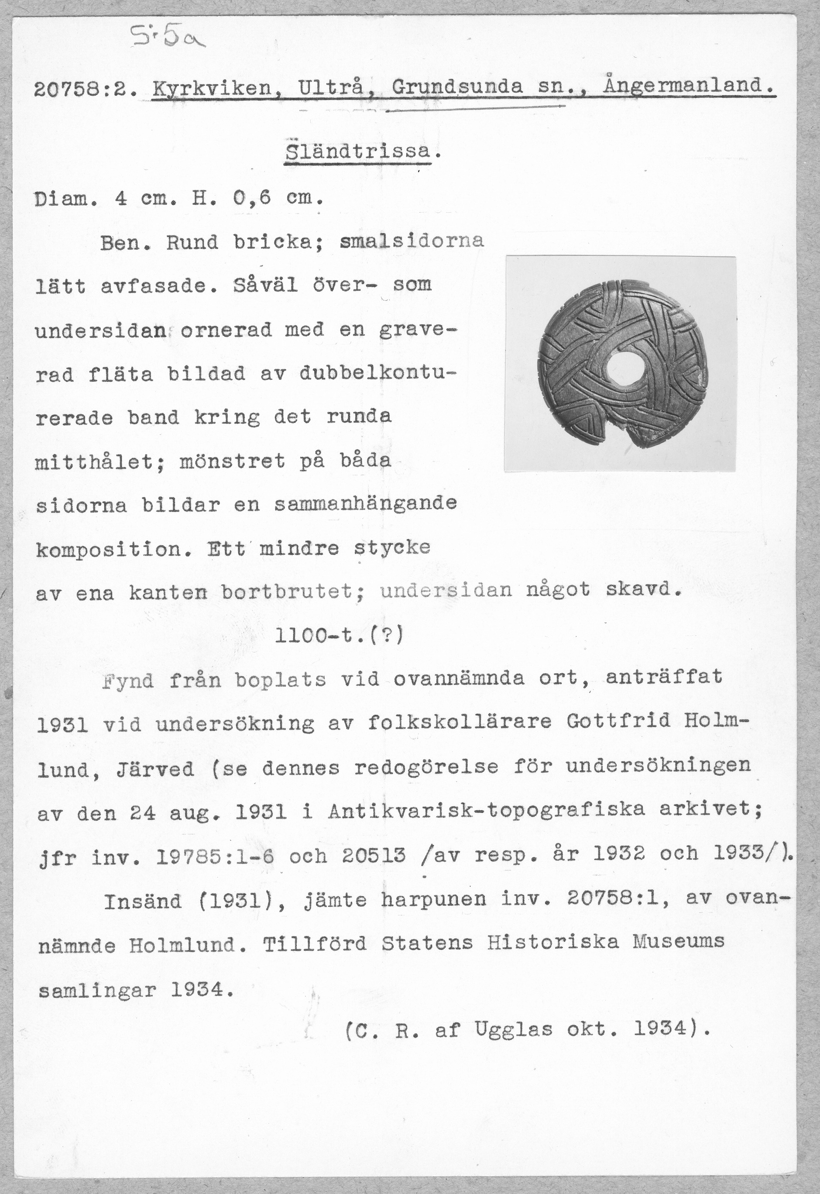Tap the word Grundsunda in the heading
tap(457, 87)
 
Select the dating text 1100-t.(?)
tap(340, 637)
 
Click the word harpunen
tap(433, 899)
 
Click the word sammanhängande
tap(365, 503)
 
